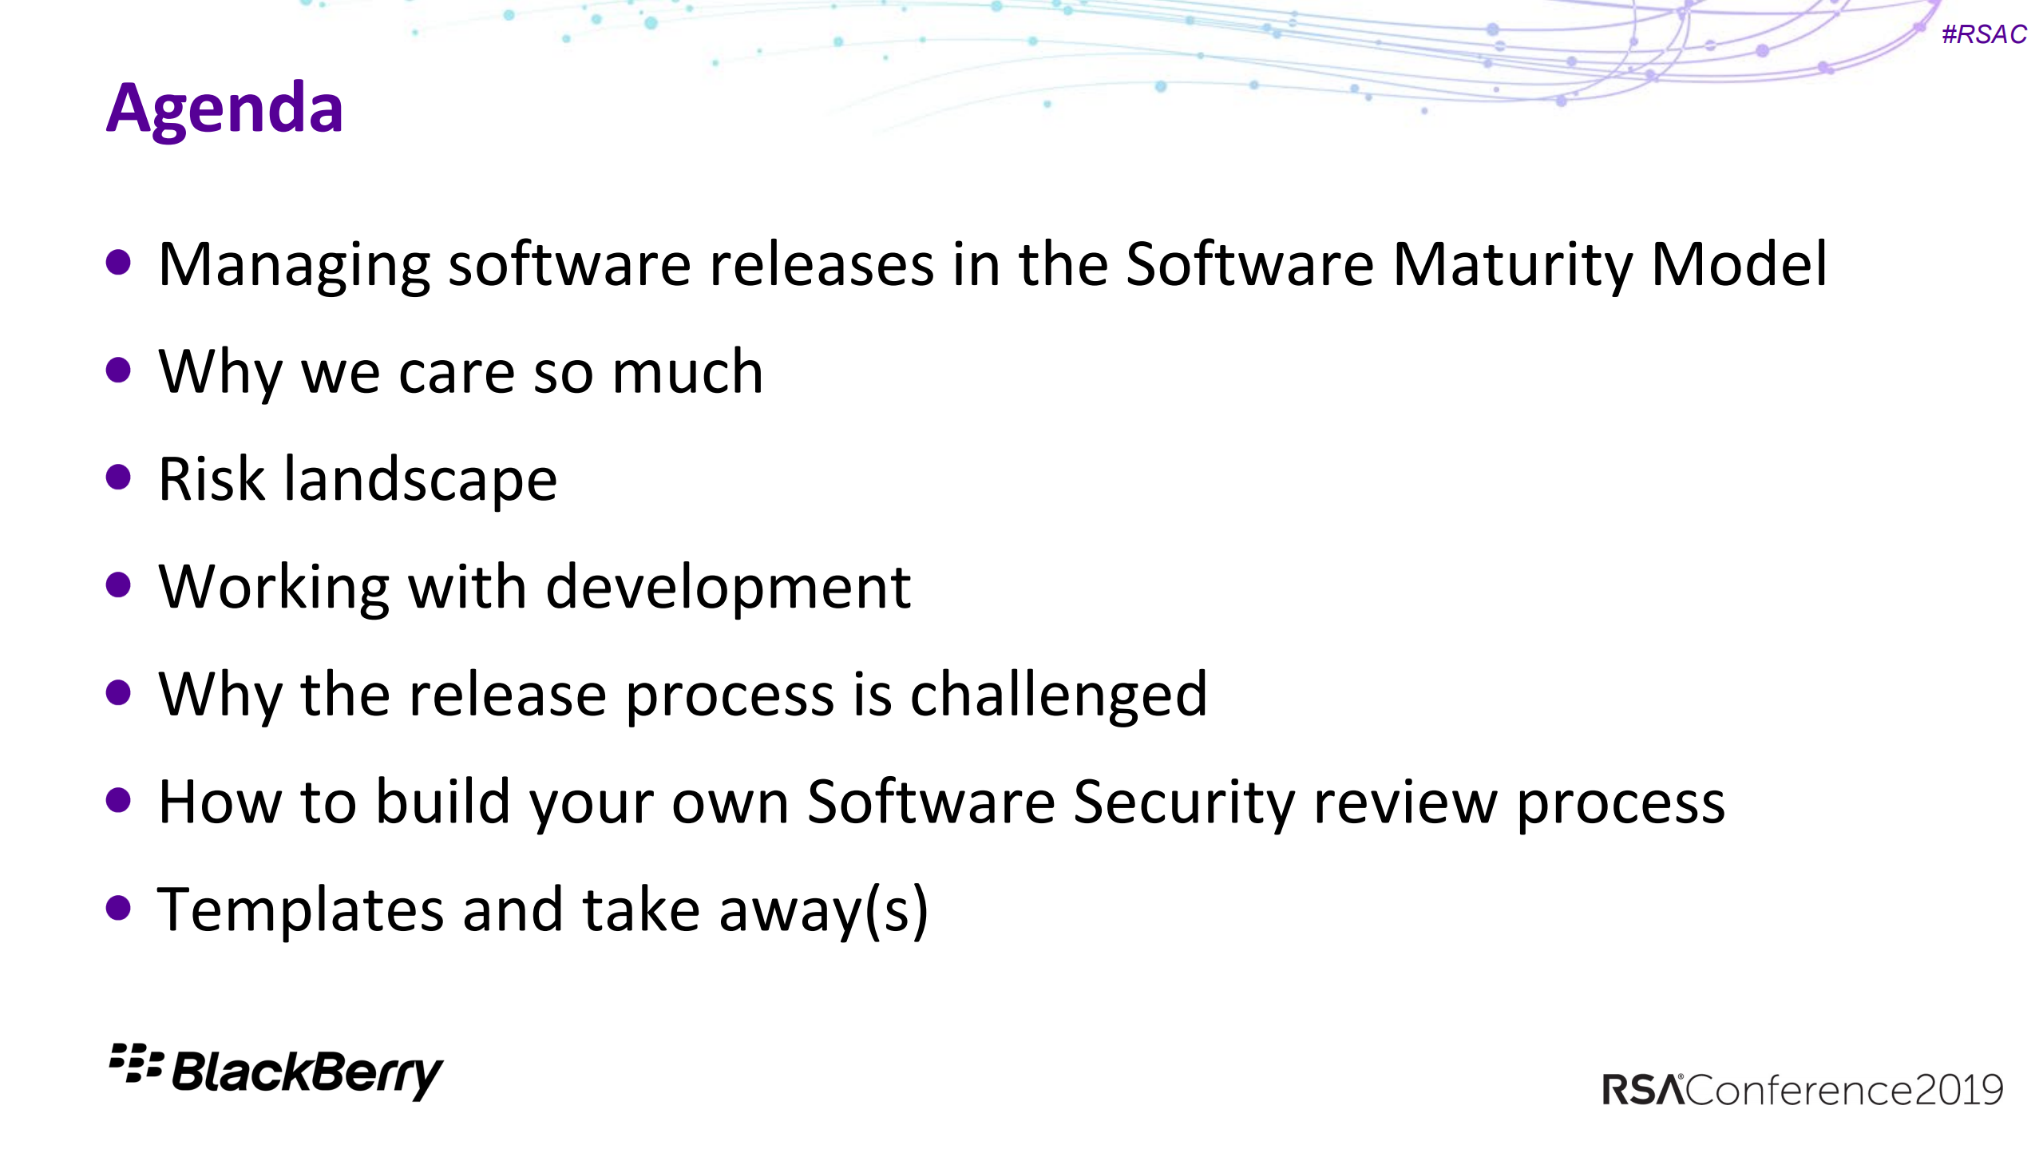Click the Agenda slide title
click(x=224, y=109)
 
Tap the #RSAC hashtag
click(x=1984, y=34)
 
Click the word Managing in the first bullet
click(x=294, y=265)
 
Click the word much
click(x=687, y=372)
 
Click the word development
click(x=728, y=588)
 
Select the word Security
click(x=1183, y=802)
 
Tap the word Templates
click(x=300, y=910)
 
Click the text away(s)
click(x=823, y=910)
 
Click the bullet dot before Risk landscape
click(x=118, y=477)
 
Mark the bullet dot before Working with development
click(x=118, y=585)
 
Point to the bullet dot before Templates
click(x=118, y=907)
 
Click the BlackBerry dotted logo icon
click(x=136, y=1063)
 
